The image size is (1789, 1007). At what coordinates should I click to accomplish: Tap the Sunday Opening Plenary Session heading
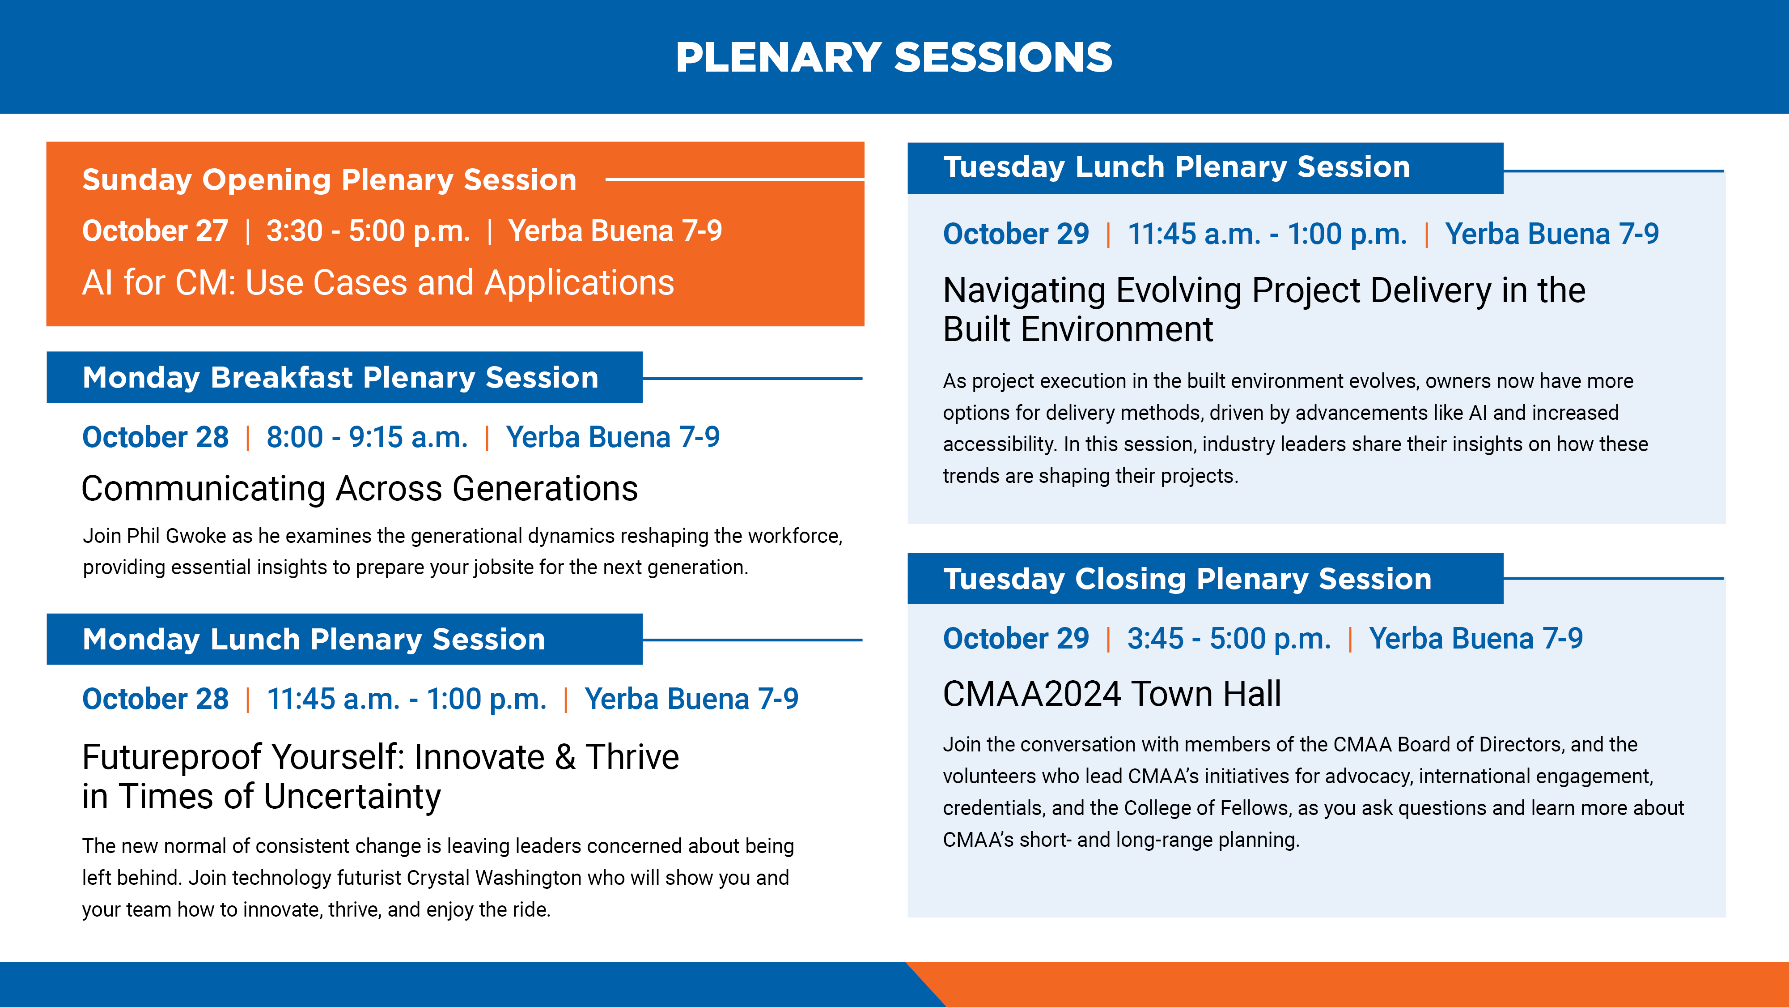coord(329,179)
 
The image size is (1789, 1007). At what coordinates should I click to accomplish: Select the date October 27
coord(155,231)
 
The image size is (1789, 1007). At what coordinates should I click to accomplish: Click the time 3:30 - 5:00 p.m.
coord(368,231)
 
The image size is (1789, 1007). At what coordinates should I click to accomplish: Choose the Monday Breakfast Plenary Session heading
coord(340,377)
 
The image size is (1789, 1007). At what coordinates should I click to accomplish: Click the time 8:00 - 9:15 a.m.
coord(367,437)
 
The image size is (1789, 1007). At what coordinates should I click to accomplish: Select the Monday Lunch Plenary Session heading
coord(314,640)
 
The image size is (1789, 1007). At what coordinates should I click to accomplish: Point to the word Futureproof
coord(174,758)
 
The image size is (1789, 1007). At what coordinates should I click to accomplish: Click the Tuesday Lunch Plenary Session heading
coord(1176,167)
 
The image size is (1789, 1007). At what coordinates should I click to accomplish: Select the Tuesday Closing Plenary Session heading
coord(1187,579)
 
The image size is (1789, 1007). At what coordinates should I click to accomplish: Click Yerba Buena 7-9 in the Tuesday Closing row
coord(1476,639)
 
